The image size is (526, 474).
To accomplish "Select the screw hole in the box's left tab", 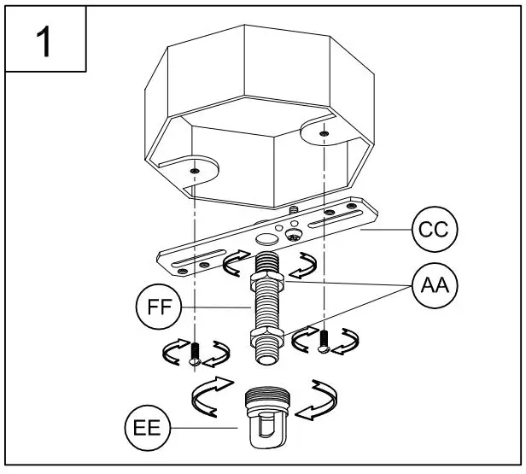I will [x=196, y=171].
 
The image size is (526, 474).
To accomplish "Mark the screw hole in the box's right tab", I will [x=324, y=133].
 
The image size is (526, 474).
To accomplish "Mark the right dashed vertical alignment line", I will [x=324, y=256].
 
